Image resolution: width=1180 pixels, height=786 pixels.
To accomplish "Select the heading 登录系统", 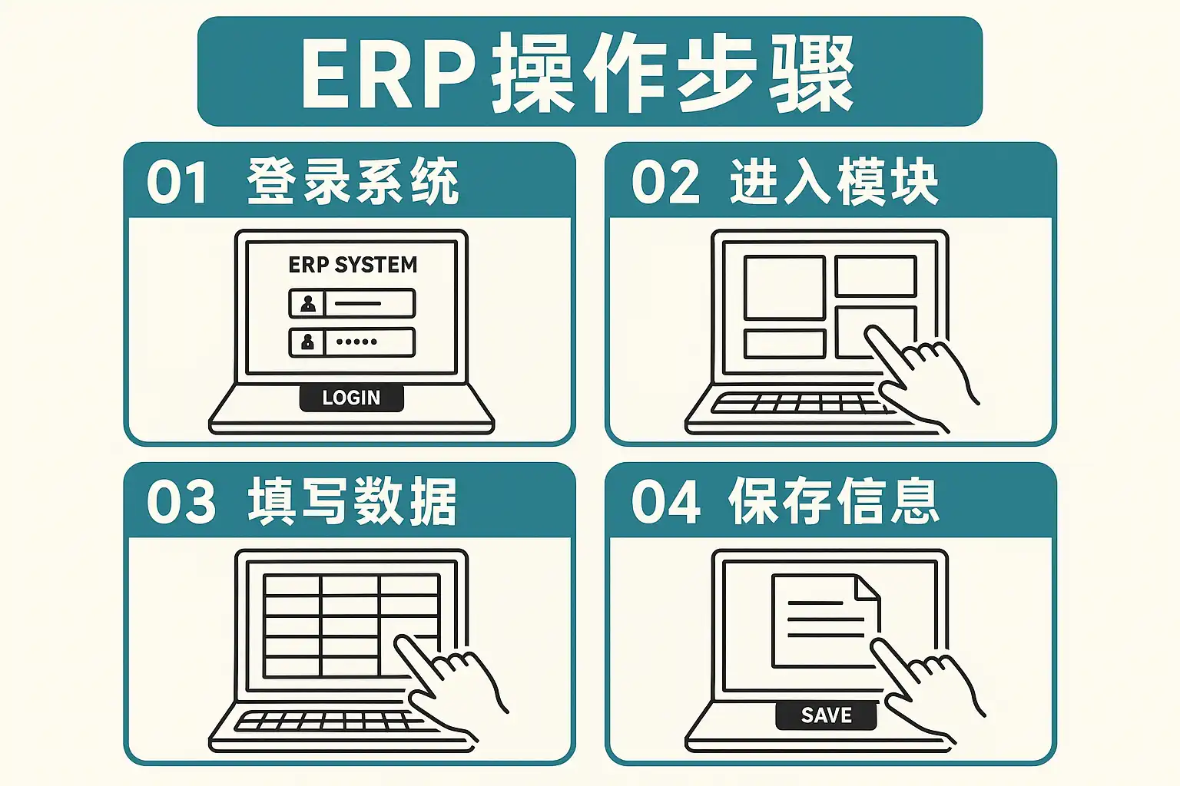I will click(x=353, y=182).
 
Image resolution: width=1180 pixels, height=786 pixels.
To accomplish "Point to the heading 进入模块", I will click(x=834, y=182).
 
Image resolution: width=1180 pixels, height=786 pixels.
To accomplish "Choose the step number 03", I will click(x=181, y=502).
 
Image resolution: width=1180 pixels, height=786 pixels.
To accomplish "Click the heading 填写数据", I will click(x=353, y=502).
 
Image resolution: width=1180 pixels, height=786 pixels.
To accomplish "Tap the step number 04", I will click(x=665, y=502).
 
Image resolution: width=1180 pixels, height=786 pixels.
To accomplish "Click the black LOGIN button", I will click(x=351, y=398).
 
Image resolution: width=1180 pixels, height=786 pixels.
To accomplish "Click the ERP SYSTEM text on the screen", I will click(x=353, y=265).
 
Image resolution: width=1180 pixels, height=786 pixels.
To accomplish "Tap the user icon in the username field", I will click(x=307, y=303).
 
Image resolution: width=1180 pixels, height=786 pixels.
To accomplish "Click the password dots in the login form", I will click(x=356, y=342).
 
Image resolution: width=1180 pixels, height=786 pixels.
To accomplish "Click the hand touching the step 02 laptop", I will click(x=922, y=376).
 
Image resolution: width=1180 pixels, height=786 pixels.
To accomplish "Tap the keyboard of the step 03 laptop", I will click(x=323, y=722).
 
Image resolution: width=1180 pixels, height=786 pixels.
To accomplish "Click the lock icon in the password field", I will click(x=307, y=342).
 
